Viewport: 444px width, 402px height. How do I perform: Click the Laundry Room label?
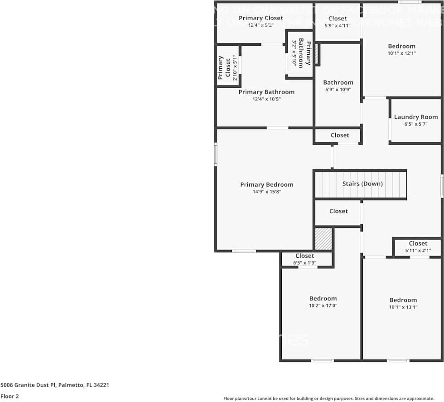pyautogui.click(x=415, y=117)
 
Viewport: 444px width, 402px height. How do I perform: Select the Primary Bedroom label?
pyautogui.click(x=266, y=184)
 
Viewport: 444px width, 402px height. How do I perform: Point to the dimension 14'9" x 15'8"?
pyautogui.click(x=266, y=192)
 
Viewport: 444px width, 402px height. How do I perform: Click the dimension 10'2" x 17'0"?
pyautogui.click(x=323, y=306)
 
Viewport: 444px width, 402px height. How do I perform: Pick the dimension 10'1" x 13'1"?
pyautogui.click(x=403, y=307)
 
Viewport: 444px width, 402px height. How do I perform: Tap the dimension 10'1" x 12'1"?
pyautogui.click(x=401, y=53)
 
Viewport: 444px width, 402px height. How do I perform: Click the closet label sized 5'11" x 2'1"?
pyautogui.click(x=418, y=243)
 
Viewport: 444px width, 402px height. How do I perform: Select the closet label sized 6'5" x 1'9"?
pyautogui.click(x=304, y=256)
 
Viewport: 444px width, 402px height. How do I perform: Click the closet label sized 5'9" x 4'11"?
pyautogui.click(x=338, y=19)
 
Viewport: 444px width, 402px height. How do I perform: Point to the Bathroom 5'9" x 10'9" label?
pyautogui.click(x=338, y=82)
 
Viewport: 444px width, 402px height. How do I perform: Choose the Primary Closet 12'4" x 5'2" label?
pyautogui.click(x=261, y=18)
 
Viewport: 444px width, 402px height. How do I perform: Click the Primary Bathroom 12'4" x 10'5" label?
pyautogui.click(x=266, y=92)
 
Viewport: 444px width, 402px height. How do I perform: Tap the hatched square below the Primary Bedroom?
pyautogui.click(x=323, y=239)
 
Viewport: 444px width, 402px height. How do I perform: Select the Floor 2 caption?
pyautogui.click(x=10, y=396)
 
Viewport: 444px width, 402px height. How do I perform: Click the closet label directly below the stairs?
pyautogui.click(x=338, y=211)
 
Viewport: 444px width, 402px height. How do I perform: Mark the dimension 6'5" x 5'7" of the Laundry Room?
pyautogui.click(x=415, y=124)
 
